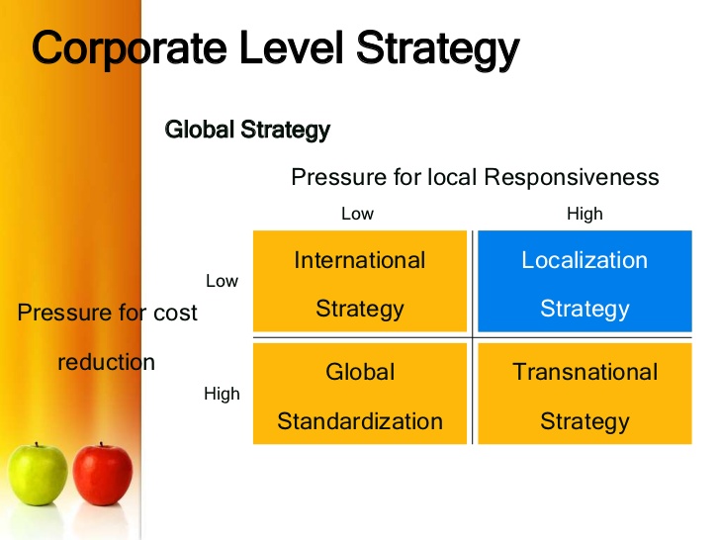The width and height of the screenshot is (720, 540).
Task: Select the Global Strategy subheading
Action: (x=247, y=130)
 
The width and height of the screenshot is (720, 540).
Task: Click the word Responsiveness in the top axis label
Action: (x=571, y=177)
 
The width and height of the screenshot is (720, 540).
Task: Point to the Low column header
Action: (x=357, y=214)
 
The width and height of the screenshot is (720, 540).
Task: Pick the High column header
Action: (x=585, y=214)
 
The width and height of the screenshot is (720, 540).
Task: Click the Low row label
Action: (x=222, y=281)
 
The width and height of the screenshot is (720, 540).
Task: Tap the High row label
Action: (x=222, y=394)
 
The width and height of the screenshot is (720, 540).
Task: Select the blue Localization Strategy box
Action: (x=585, y=282)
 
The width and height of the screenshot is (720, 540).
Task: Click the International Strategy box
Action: (x=360, y=282)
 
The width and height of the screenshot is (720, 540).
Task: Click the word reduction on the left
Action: (x=107, y=362)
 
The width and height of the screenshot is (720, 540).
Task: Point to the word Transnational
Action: (x=585, y=372)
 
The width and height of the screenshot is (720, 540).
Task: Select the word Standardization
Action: (x=360, y=421)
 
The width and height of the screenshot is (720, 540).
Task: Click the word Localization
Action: (x=585, y=260)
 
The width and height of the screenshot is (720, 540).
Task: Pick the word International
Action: (x=360, y=260)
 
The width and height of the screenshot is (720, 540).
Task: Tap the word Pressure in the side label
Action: (x=64, y=314)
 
